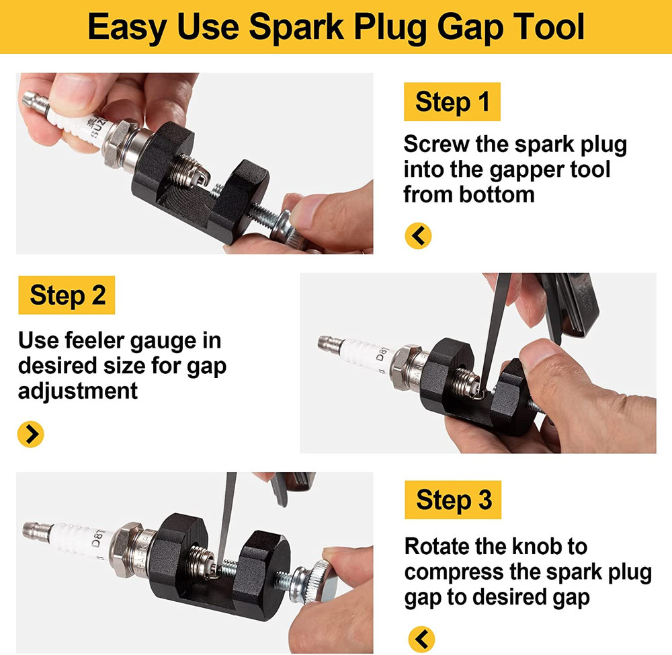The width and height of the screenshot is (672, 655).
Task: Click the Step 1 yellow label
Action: point(452,102)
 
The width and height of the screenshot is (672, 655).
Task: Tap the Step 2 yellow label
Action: point(67,295)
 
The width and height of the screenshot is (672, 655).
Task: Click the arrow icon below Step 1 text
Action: point(418,235)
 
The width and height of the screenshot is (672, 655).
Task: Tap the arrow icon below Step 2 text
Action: point(31,434)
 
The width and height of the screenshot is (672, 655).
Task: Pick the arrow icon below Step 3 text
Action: point(421,638)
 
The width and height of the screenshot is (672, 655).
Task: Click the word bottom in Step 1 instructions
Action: point(502,195)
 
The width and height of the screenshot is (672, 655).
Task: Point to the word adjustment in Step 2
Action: point(78,390)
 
